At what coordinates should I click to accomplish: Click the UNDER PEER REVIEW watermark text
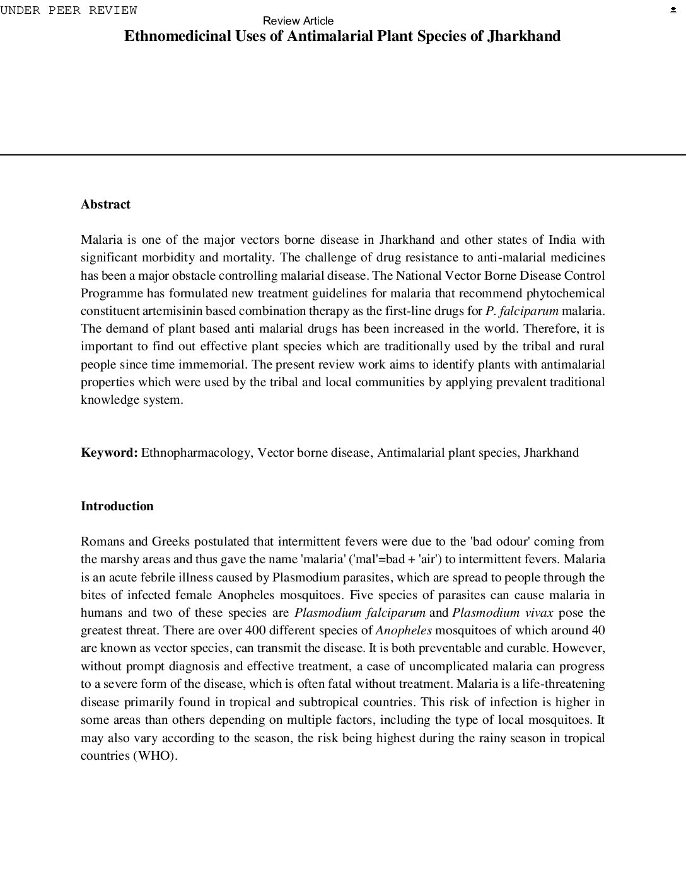coord(69,10)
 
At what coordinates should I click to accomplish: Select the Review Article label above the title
coord(298,21)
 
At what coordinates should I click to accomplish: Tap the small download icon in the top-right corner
coord(673,10)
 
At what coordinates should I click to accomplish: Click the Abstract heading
coord(105,204)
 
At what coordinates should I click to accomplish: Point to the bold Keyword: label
coord(109,452)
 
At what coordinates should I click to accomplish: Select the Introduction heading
coord(117,506)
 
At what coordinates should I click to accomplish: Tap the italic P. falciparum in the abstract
coord(521,311)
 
